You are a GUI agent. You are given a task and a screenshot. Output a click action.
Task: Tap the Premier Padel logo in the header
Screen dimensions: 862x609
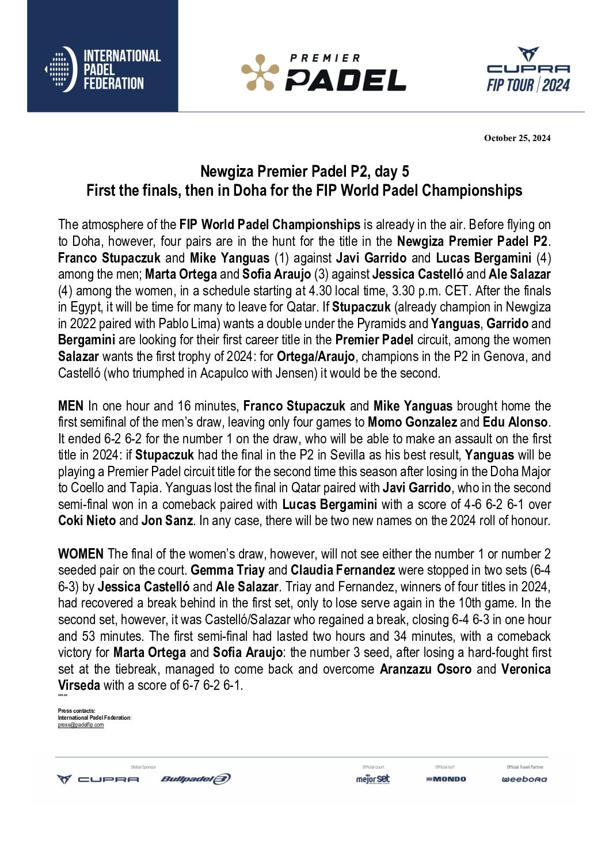[323, 73]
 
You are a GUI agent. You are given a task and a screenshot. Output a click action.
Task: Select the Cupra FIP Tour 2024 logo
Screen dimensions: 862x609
[528, 70]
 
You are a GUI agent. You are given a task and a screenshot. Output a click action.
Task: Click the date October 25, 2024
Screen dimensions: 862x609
[517, 138]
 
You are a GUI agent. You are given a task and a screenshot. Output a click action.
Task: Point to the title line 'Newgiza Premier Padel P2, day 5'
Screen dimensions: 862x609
[304, 172]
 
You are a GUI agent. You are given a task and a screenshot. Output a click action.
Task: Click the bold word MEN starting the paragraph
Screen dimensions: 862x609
[71, 406]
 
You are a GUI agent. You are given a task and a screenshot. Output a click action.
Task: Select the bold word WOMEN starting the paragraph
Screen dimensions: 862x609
[81, 554]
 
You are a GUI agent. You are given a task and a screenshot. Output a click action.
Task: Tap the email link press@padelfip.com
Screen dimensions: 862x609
[81, 725]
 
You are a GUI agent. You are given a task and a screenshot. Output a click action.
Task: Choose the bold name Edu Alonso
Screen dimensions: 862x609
[516, 422]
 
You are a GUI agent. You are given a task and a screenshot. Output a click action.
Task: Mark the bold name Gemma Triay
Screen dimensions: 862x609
[228, 571]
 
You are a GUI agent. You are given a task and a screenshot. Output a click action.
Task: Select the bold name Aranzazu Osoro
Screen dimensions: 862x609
[425, 669]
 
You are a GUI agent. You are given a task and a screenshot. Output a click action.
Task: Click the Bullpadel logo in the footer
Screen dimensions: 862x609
[196, 779]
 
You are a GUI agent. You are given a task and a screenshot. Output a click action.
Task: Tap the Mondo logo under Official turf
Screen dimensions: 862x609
[446, 779]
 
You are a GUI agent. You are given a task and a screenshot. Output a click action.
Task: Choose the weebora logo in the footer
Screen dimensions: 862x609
[524, 779]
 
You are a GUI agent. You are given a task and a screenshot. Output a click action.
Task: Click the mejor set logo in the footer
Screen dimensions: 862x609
[373, 779]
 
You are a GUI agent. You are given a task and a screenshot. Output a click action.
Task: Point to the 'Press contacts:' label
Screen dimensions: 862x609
[77, 711]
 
